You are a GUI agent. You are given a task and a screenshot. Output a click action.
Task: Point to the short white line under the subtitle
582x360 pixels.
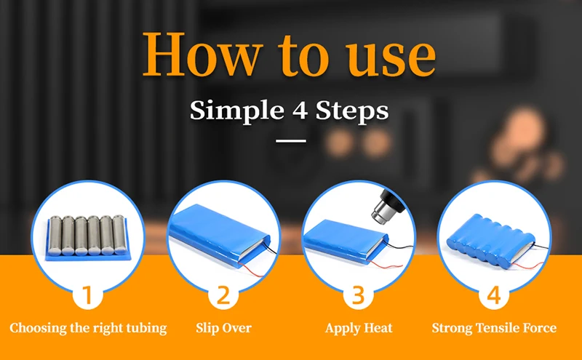(x=291, y=140)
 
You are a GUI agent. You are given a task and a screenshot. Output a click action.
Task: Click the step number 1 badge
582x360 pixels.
(x=87, y=295)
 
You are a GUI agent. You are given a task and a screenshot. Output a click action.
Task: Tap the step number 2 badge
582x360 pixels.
(x=223, y=295)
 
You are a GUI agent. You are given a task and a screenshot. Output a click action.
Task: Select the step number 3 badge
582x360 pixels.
(x=358, y=295)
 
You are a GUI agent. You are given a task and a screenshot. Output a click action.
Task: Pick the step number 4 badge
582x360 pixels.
(x=494, y=295)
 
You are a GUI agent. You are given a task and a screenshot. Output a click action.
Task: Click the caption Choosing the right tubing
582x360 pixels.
(x=88, y=329)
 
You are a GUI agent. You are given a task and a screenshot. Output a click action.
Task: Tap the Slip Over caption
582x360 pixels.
(x=223, y=328)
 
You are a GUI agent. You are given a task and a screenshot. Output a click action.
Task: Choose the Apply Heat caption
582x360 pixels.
(x=359, y=329)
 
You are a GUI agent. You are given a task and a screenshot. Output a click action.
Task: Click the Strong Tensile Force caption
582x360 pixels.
(x=494, y=328)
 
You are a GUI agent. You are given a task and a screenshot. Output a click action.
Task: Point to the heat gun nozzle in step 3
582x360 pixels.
(x=380, y=211)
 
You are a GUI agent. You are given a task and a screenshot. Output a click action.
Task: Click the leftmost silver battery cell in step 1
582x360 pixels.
(x=55, y=236)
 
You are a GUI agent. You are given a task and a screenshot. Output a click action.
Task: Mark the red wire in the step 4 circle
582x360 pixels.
(x=527, y=266)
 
